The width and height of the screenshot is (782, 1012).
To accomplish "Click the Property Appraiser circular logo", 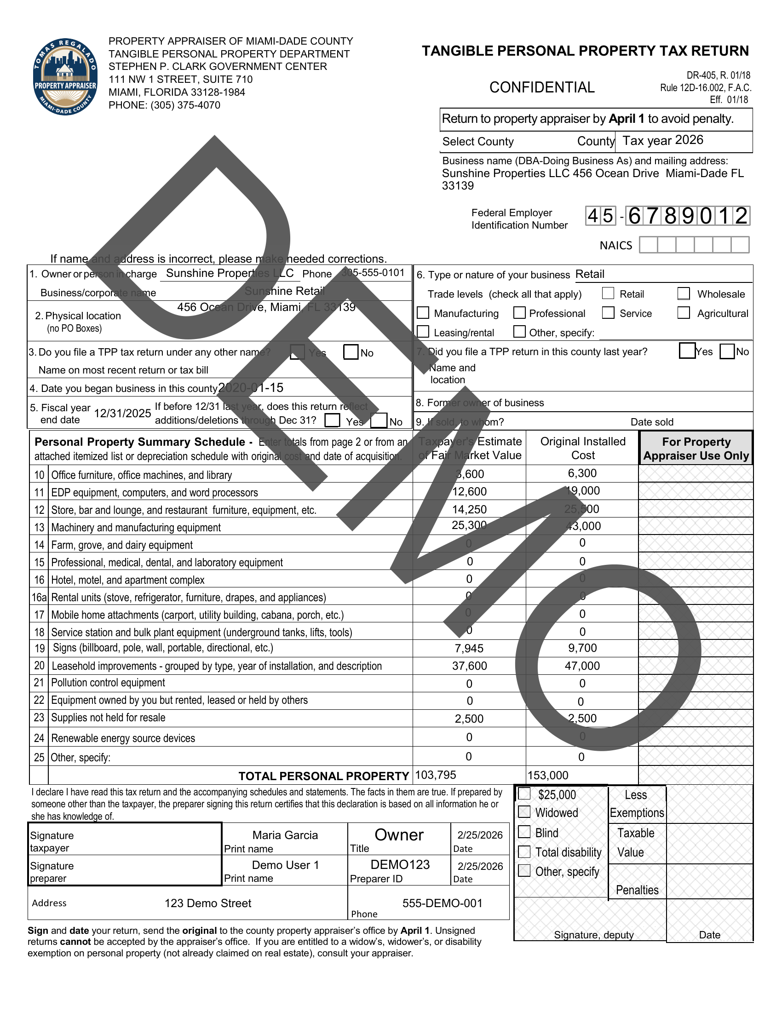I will click(x=65, y=76).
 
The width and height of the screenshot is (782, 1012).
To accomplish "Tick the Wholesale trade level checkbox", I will click(x=683, y=293).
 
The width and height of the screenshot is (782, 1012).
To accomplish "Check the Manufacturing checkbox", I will click(x=422, y=313).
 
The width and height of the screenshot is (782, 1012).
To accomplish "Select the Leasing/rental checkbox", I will click(x=422, y=332).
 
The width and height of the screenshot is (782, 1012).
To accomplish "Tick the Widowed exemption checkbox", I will click(x=524, y=812).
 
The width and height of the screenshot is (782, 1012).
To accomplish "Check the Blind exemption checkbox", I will click(x=524, y=832).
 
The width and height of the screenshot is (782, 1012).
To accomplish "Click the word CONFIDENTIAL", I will click(x=541, y=87).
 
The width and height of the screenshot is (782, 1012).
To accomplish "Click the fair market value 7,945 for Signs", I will click(x=469, y=648).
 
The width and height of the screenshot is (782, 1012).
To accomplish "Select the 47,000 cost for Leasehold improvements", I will click(x=582, y=666).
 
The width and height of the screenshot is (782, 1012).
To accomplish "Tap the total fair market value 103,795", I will click(x=436, y=775).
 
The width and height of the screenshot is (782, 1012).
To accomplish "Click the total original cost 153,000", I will click(x=547, y=775).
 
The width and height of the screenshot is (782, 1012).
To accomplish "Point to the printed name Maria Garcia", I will click(x=285, y=835).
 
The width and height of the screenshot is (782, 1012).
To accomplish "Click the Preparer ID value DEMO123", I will click(x=400, y=864).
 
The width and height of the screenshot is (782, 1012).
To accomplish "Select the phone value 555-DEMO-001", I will click(x=442, y=903).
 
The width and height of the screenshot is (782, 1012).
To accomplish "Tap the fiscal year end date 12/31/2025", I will click(x=122, y=414).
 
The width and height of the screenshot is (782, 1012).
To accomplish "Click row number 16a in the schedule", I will click(x=39, y=597).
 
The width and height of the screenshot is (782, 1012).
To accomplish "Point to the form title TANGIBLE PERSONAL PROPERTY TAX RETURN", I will click(x=585, y=51).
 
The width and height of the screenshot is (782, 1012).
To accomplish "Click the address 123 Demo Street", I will click(x=208, y=903).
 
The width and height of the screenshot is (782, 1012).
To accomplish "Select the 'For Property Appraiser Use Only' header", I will click(x=696, y=448).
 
